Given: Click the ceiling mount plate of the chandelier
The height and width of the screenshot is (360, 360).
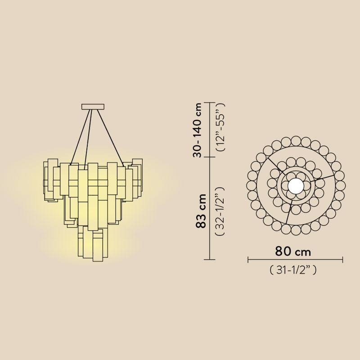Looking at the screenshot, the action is coord(93,107).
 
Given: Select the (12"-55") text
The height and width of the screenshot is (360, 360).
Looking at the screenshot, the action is coord(220,127).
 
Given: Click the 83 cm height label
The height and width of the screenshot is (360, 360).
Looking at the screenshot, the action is coord(201,211).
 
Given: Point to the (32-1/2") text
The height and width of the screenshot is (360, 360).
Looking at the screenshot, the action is coord(220,211).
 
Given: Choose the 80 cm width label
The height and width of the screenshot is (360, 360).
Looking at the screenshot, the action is coord(293,251).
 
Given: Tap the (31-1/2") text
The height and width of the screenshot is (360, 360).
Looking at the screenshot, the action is coord(293,270).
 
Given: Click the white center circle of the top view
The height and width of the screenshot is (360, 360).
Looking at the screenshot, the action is coord(296,186).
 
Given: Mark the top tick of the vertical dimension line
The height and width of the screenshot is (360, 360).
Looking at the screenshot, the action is coord(209,103).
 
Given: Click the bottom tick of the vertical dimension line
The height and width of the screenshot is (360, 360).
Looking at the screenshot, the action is coord(209,260).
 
